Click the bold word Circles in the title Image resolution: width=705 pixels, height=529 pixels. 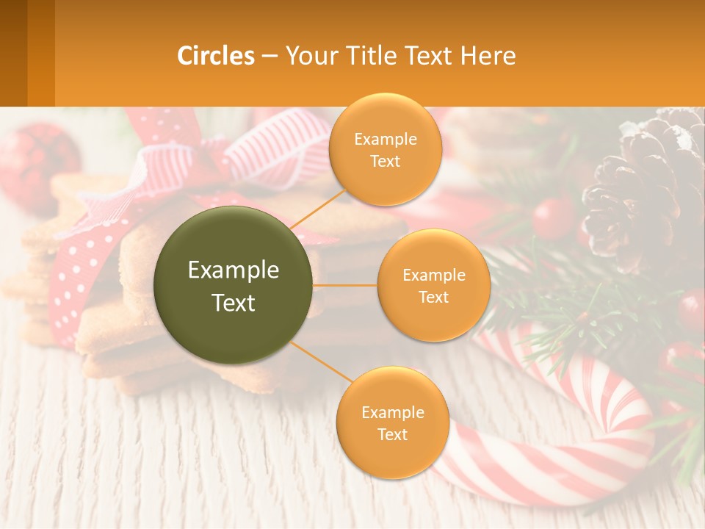point(216,56)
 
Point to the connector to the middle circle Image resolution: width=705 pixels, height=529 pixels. point(345,285)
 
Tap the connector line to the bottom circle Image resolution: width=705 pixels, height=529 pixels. point(323,362)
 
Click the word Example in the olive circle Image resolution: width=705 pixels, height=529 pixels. point(234,270)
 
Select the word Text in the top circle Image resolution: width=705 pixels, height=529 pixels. point(385,162)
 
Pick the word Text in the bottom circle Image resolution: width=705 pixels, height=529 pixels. point(392,434)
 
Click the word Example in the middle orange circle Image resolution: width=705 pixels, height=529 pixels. point(433,276)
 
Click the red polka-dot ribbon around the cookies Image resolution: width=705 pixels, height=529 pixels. point(70,279)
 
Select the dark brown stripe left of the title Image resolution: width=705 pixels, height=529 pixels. point(13,53)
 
